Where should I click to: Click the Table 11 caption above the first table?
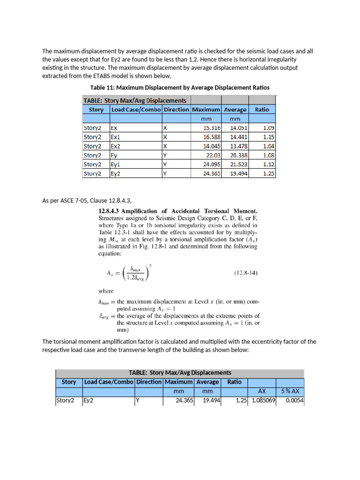click(180, 88)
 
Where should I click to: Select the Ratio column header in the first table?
click(262, 109)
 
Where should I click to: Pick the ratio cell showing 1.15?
click(268, 137)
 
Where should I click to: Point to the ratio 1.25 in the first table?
click(268, 173)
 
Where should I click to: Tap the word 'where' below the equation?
click(106, 291)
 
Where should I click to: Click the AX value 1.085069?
click(263, 401)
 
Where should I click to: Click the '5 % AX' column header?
click(290, 391)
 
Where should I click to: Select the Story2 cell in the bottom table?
click(65, 401)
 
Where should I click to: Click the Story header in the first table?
click(96, 109)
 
